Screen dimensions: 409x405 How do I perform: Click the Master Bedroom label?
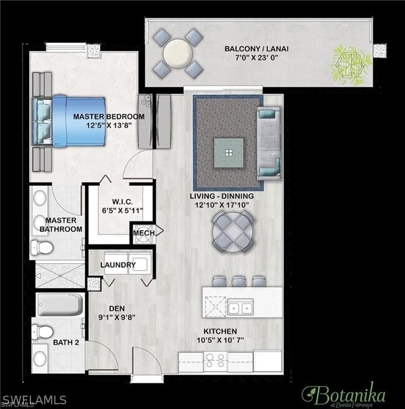pyautogui.click(x=108, y=117)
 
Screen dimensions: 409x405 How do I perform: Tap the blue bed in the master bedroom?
pyautogui.click(x=69, y=120)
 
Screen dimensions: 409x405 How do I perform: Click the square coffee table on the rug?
pyautogui.click(x=229, y=152)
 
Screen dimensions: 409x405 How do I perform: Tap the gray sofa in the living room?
pyautogui.click(x=269, y=143)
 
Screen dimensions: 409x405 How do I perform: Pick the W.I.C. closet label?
pyautogui.click(x=120, y=201)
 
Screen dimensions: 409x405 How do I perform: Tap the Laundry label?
pyautogui.click(x=118, y=264)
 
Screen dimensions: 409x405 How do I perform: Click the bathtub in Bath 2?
pyautogui.click(x=59, y=306)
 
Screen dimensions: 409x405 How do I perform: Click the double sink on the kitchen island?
pyautogui.click(x=239, y=307)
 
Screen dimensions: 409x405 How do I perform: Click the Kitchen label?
pyautogui.click(x=220, y=331)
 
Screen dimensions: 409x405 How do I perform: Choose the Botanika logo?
pyautogui.click(x=343, y=393)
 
